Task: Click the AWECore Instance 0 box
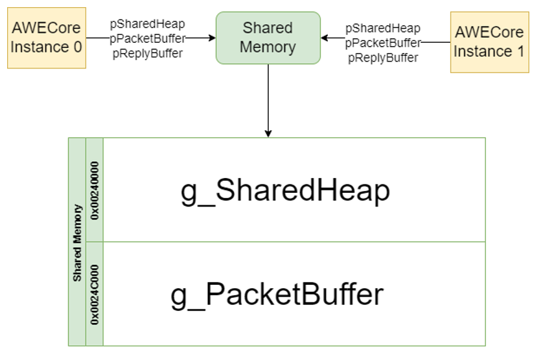click(46, 38)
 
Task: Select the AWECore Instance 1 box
click(489, 42)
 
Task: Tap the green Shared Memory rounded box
click(268, 38)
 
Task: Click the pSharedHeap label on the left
click(147, 25)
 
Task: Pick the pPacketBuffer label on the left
click(147, 39)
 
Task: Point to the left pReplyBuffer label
click(147, 53)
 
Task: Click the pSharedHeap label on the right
click(383, 28)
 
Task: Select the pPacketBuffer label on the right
click(383, 43)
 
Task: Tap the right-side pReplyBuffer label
click(383, 58)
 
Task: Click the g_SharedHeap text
click(285, 190)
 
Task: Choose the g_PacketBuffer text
click(277, 294)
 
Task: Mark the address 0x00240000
click(95, 190)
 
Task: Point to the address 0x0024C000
click(95, 294)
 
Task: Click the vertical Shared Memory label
click(77, 242)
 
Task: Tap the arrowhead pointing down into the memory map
click(268, 133)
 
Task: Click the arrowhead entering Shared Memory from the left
click(212, 38)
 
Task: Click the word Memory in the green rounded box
click(268, 47)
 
